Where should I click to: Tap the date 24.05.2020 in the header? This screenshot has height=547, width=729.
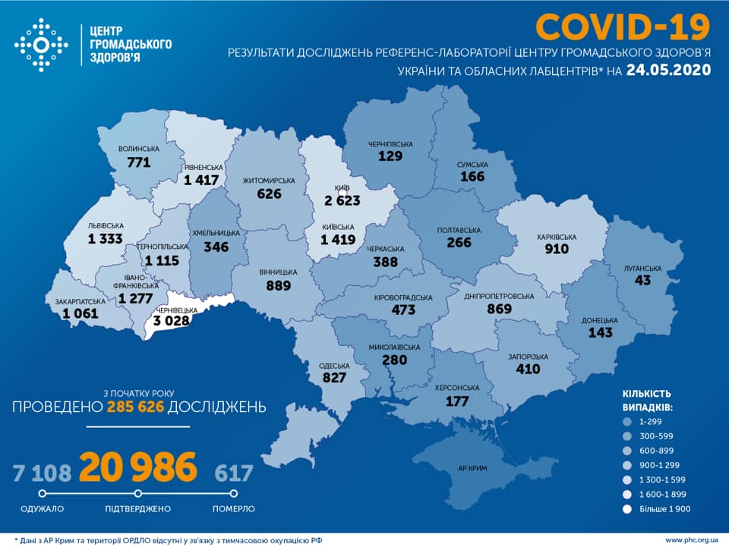pos(668,70)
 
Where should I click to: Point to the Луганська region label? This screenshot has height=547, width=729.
pos(642,268)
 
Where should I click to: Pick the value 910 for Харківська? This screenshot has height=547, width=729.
pos(556,249)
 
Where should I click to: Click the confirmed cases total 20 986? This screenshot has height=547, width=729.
pos(138,468)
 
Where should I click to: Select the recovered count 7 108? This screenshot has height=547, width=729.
pos(41,473)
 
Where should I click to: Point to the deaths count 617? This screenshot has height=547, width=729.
pos(233,473)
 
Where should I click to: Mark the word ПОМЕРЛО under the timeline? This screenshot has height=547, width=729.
pos(233,508)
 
